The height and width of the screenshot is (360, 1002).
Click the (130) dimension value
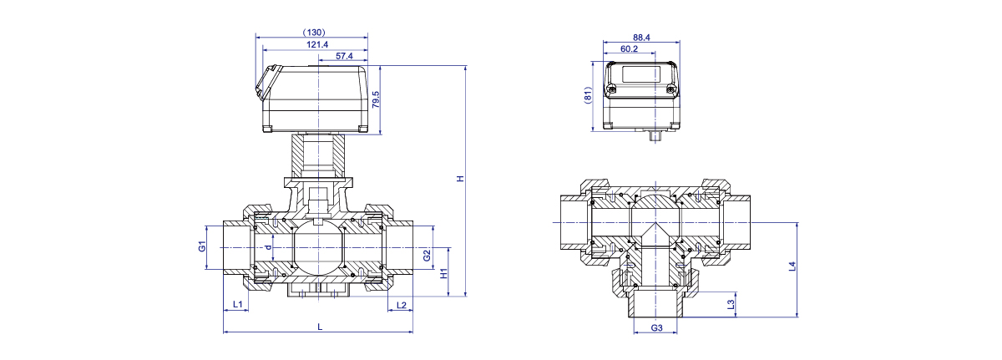(314, 33)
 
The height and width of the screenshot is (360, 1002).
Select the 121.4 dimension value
(317, 44)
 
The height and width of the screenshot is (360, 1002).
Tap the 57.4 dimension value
(344, 56)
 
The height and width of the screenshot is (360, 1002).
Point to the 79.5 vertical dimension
(376, 99)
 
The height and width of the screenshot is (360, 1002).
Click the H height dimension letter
(460, 179)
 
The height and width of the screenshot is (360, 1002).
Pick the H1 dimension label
(443, 273)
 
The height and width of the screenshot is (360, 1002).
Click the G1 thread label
(202, 246)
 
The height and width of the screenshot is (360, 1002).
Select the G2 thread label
(427, 256)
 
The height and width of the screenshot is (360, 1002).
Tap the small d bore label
(268, 247)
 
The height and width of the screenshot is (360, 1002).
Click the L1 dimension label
(237, 305)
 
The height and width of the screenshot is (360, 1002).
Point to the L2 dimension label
(402, 305)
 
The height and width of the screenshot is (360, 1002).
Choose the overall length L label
(320, 327)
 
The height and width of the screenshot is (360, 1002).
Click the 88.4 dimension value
(641, 38)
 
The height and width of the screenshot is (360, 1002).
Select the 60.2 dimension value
(629, 48)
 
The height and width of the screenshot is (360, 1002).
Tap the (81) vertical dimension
(588, 96)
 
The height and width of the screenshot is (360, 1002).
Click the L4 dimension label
(792, 266)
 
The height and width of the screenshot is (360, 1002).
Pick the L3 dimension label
(731, 305)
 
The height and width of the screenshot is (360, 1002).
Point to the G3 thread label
(656, 327)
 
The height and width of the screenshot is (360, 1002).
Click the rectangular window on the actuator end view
(640, 74)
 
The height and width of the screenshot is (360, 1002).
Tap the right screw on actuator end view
(671, 90)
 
